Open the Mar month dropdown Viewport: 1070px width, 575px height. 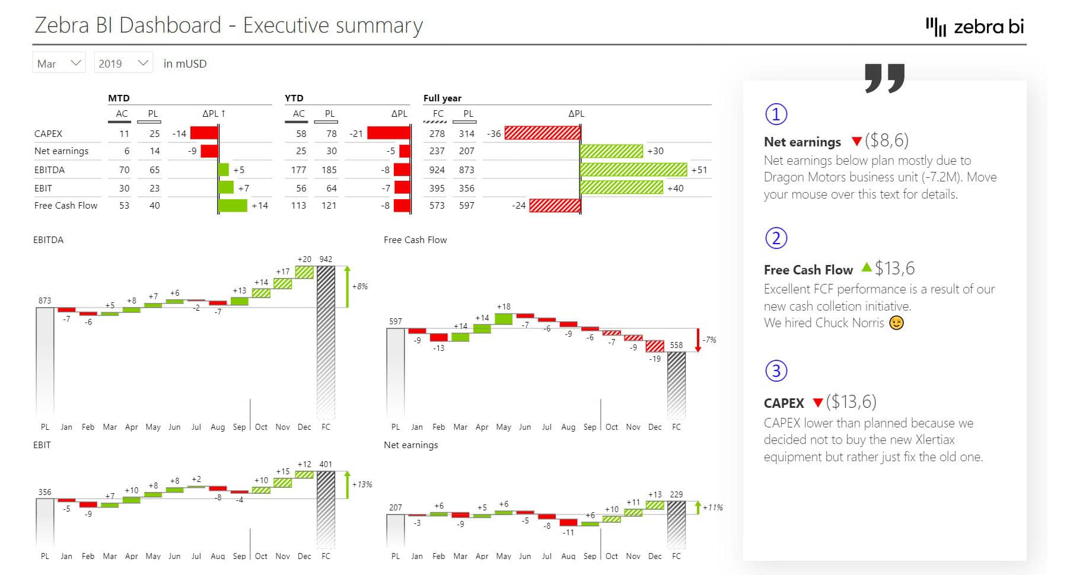59,63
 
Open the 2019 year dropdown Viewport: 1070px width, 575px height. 123,63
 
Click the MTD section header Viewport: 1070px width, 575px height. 119,98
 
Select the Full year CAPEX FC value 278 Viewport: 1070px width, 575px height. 437,134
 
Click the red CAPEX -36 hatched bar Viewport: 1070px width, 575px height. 542,133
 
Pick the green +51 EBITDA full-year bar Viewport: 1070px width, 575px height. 633,170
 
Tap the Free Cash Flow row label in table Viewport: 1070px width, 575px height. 66,206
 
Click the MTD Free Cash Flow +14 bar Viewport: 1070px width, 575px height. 233,206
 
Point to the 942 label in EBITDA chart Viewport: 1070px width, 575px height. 326,259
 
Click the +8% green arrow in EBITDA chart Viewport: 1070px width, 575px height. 348,286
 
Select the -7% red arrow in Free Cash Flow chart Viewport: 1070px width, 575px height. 698,340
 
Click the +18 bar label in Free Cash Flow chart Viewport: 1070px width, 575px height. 504,306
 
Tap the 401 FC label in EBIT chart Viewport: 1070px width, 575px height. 326,464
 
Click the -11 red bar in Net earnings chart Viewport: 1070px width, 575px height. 568,522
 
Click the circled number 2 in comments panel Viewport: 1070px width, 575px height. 776,238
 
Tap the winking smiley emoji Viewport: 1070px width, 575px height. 896,323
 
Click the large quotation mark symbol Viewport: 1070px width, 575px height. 884,78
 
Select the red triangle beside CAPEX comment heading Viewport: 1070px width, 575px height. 817,403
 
